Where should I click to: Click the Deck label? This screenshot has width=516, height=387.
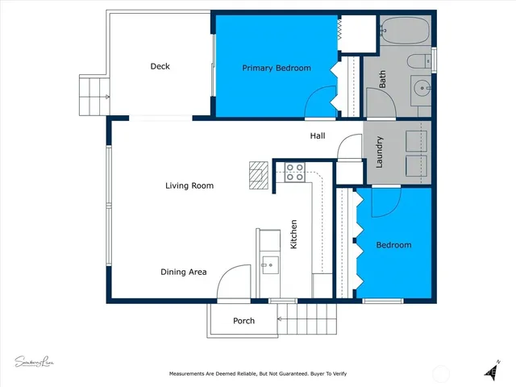(160, 67)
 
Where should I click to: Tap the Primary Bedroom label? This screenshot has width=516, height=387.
(277, 69)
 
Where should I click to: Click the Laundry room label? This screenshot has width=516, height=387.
(379, 152)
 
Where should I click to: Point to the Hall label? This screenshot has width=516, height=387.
(318, 136)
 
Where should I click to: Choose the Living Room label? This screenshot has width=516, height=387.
(189, 185)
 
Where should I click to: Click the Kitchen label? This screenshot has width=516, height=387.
(294, 234)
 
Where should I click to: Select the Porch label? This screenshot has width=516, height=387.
(243, 321)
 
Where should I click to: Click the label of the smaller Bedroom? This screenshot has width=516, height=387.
(394, 245)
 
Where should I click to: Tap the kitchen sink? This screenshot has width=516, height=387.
(269, 261)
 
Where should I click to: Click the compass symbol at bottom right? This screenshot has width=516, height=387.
(491, 368)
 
